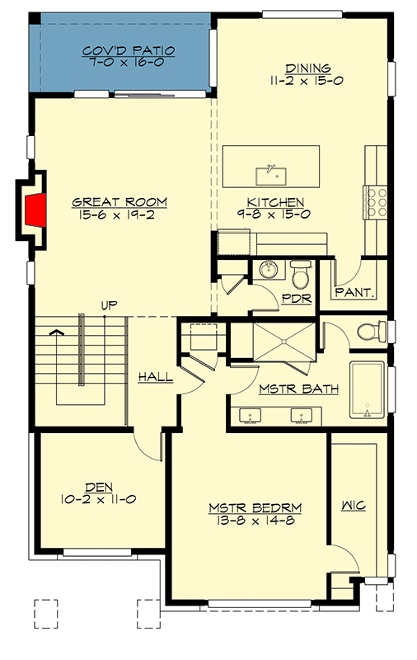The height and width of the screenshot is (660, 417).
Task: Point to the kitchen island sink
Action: pos(269,174)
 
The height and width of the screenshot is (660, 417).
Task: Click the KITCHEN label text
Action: pos(276,202)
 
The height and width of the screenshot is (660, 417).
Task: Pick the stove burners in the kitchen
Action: pos(377,200)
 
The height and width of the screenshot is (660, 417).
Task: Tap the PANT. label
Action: pos(355,292)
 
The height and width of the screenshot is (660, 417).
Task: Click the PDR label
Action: pos(297,299)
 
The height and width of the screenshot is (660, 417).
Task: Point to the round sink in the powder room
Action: pos(266,270)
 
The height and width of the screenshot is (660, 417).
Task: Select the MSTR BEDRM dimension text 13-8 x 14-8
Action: pos(255,521)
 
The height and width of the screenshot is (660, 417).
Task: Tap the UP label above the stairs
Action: pos(108,306)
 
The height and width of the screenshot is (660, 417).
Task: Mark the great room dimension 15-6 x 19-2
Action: pos(119,216)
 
